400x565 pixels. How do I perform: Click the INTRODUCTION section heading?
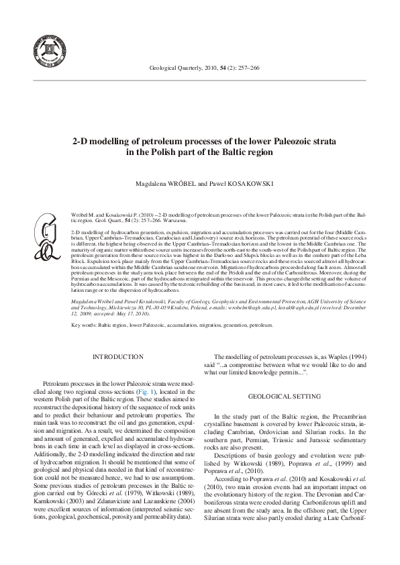[118, 357]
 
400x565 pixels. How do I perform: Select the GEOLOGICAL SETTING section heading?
[288, 397]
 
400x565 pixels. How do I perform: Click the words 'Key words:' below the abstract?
[84, 325]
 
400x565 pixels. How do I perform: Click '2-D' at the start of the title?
[83, 142]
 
